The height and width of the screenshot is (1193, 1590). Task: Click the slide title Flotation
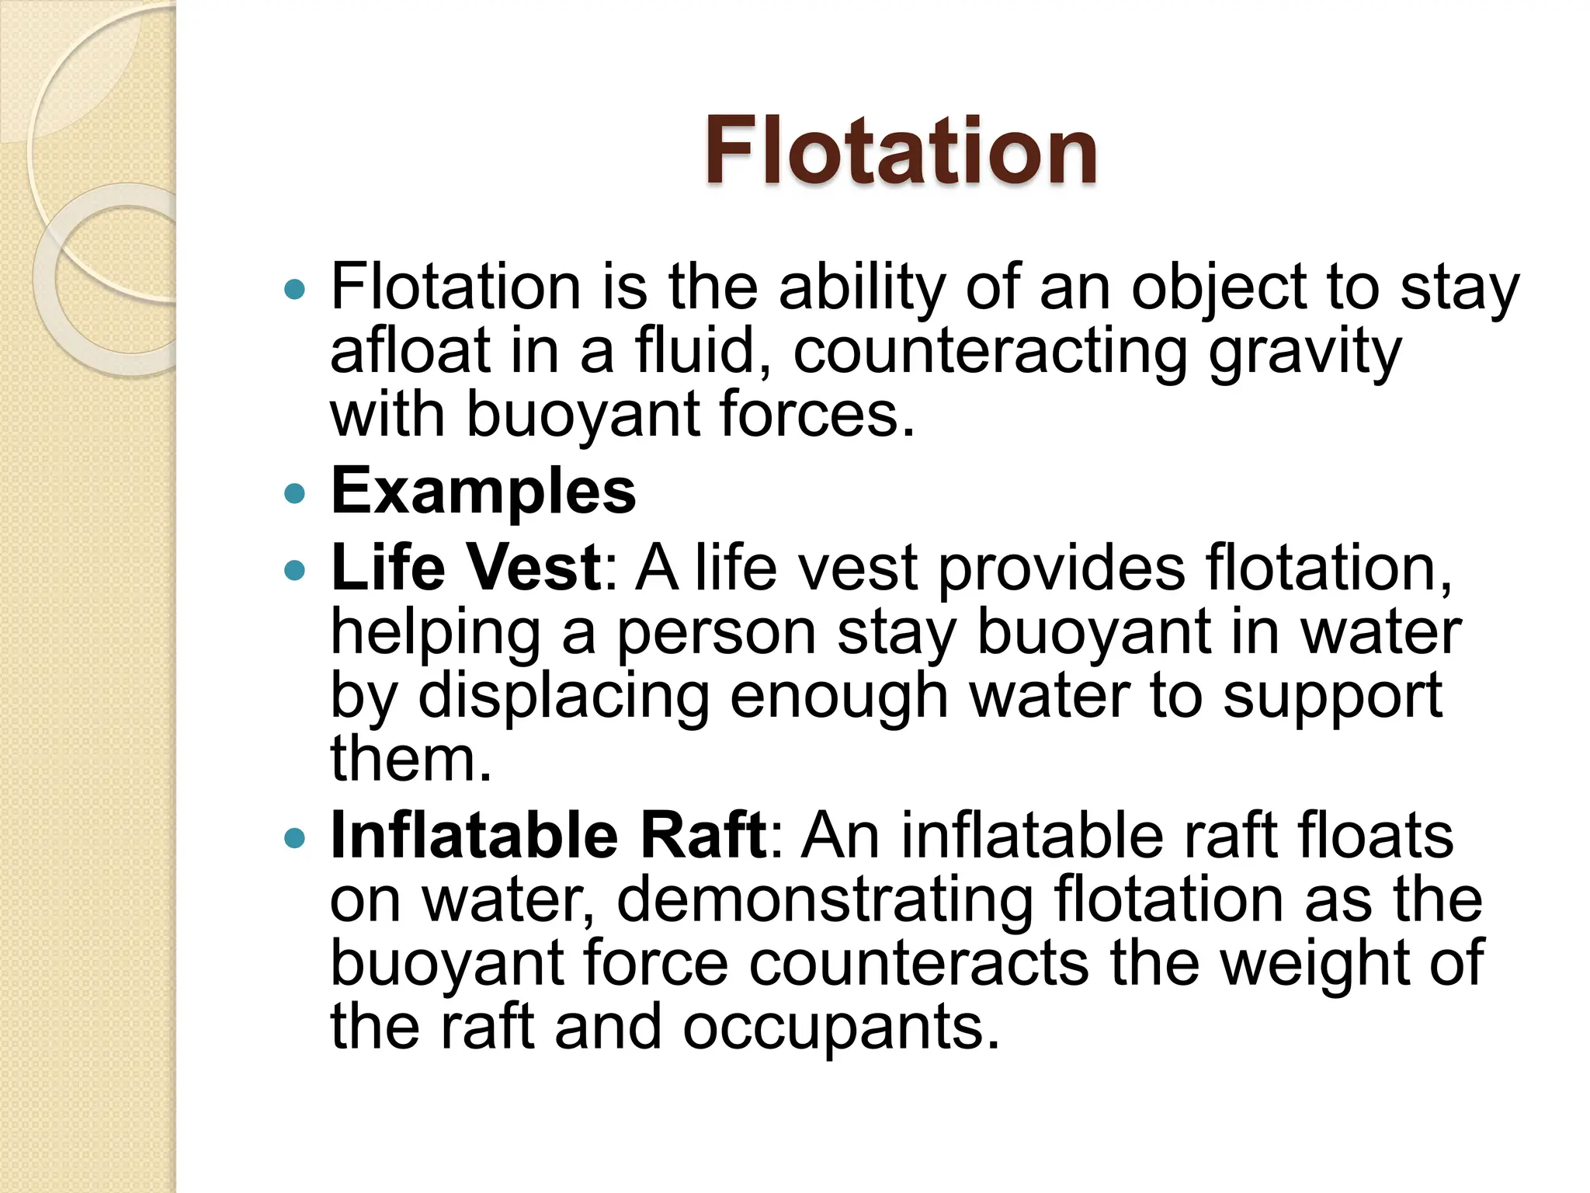(901, 151)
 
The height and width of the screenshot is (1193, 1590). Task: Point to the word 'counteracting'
(990, 351)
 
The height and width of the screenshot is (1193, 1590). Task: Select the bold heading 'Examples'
(483, 491)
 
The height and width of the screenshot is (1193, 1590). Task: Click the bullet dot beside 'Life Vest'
(295, 571)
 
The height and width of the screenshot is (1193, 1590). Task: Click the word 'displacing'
(564, 697)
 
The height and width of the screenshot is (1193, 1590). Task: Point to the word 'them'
(411, 759)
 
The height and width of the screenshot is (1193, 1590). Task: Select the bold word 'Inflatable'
(474, 836)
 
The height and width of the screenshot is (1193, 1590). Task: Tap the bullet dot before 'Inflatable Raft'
(295, 839)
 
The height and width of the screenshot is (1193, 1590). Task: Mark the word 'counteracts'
(919, 964)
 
